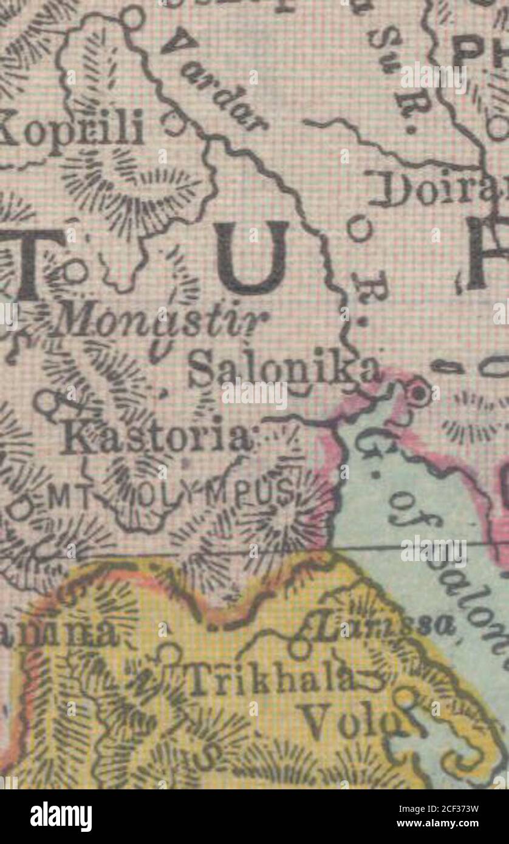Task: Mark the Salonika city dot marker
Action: click(418, 393)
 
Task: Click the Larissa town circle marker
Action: click(299, 649)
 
